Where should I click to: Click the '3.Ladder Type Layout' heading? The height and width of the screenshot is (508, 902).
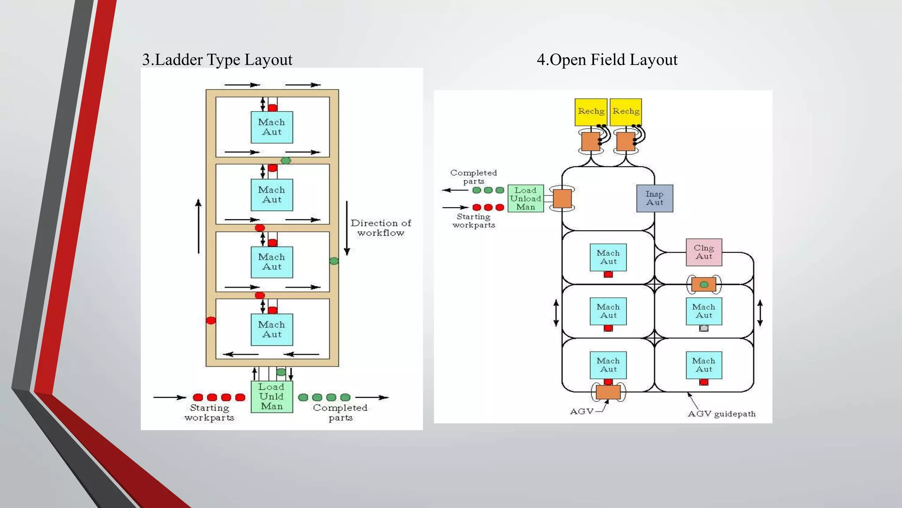[x=217, y=60]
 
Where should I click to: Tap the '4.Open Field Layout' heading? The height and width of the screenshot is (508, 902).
[x=607, y=60]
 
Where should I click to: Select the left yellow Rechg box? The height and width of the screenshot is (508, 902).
[x=591, y=112]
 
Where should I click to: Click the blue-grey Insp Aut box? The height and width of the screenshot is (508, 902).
[x=654, y=198]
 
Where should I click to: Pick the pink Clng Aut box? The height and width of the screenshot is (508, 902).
[x=704, y=252]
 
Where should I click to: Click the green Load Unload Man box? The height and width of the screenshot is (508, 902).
[x=525, y=198]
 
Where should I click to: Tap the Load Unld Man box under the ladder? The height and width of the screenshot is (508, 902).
[x=272, y=396]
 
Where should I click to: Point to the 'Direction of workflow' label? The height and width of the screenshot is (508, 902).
[x=381, y=228]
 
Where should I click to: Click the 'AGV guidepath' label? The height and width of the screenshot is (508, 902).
[x=721, y=414]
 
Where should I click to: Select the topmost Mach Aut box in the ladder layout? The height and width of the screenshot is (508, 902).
[x=272, y=127]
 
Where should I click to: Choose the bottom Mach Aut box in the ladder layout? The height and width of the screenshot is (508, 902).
[x=272, y=329]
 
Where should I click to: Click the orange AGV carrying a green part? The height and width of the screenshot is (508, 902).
[x=704, y=284]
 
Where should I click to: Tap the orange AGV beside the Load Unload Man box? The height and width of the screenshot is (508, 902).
[x=562, y=198]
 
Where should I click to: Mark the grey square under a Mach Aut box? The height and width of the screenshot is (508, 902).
[x=704, y=328]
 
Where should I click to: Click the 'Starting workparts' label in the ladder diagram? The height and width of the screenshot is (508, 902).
[x=209, y=413]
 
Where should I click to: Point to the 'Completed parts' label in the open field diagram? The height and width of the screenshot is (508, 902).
[x=473, y=177]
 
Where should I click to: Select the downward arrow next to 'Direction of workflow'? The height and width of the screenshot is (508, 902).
[x=347, y=228]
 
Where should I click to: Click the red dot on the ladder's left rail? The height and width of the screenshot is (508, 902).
[x=211, y=321]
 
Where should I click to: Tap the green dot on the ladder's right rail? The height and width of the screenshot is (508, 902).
[x=334, y=261]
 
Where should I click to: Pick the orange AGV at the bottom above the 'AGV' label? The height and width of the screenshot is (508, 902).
[x=608, y=392]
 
